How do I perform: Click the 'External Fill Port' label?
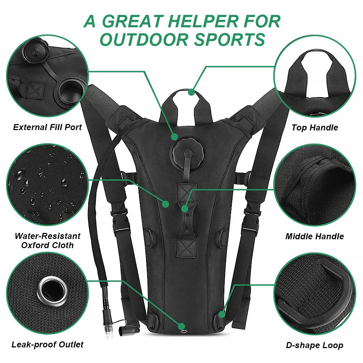click(48, 127)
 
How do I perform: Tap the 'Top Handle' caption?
click(315, 128)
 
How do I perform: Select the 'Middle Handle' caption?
click(315, 236)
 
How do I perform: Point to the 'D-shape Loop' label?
click(315, 345)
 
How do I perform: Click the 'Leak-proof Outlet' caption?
click(48, 344)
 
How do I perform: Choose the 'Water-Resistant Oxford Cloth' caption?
click(48, 240)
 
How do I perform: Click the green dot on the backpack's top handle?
click(191, 92)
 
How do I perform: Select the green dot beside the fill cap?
click(174, 136)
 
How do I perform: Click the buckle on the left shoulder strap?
click(119, 220)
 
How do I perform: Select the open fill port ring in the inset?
click(70, 90)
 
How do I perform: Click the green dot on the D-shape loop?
click(222, 314)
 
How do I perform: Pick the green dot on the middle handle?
click(185, 209)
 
